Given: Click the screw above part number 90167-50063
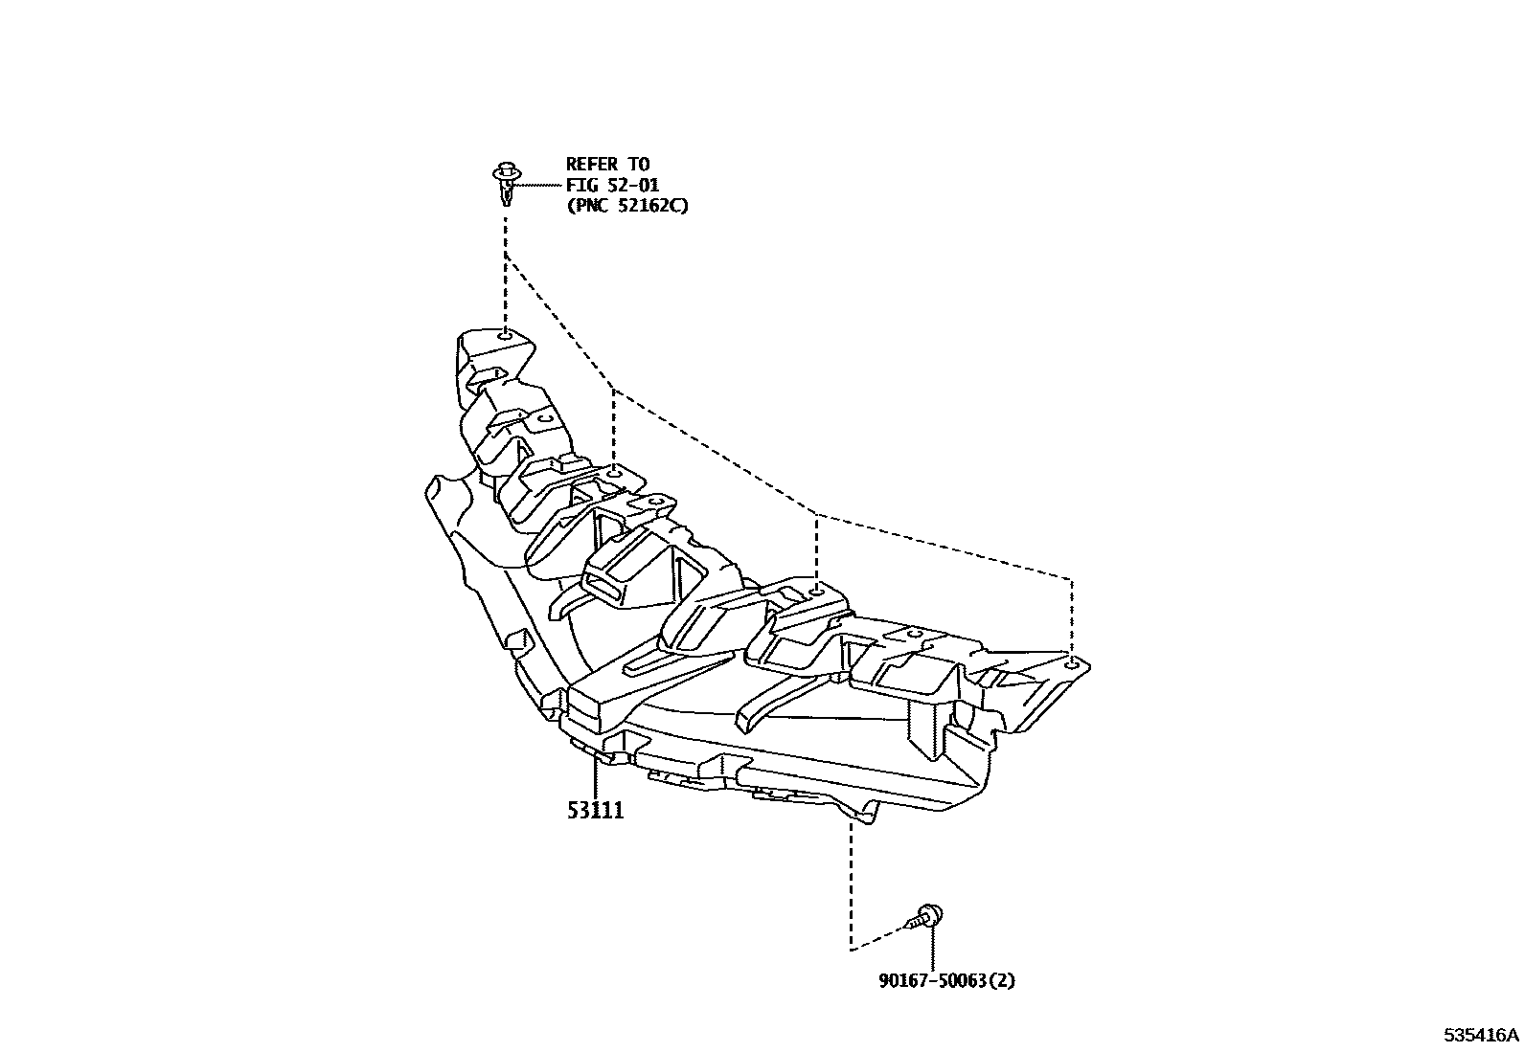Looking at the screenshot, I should point(925,917).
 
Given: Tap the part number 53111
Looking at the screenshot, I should point(595,811).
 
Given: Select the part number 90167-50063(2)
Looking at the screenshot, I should point(946,981).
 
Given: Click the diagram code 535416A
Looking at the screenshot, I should point(1482,1035).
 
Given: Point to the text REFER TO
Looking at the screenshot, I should point(607,164).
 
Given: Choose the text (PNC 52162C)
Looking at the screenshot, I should point(626,204).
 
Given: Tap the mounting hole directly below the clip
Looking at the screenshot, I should point(505,335).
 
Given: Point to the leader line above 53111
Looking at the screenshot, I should point(595,775).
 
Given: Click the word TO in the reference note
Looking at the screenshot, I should point(638,164).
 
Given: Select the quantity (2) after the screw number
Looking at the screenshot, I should point(1001,981).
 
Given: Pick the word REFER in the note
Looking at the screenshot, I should point(592,164).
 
